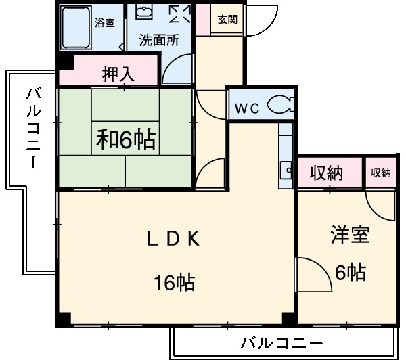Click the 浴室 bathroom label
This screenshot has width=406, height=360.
(104, 22)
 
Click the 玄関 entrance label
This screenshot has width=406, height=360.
(227, 20)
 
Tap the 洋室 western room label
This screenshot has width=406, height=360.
(350, 236)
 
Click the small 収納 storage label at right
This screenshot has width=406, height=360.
(380, 173)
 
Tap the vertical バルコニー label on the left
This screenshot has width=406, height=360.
(32, 128)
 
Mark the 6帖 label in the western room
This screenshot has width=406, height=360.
(351, 272)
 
